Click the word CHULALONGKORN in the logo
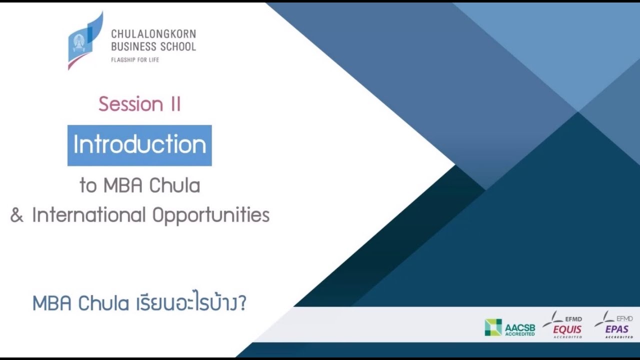[x=153, y=34]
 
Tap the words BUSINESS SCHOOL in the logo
[x=153, y=46]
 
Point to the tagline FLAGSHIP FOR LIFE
[x=135, y=59]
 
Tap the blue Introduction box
[x=139, y=145]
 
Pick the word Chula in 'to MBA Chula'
[x=176, y=185]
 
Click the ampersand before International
[x=17, y=215]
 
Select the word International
[x=88, y=215]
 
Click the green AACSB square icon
[x=493, y=327]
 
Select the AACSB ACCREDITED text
[x=519, y=329]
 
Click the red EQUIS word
[x=567, y=329]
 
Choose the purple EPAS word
[x=616, y=329]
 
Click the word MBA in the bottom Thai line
[x=52, y=303]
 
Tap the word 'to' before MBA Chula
[x=88, y=186]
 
